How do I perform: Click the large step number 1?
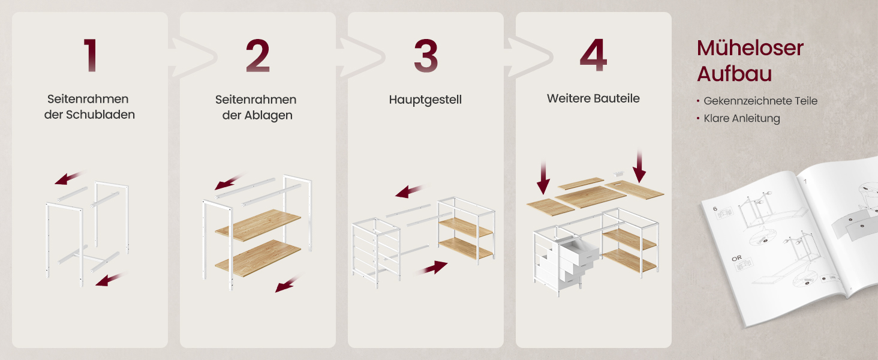[x=91, y=55]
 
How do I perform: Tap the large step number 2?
[x=257, y=55]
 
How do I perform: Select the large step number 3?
[x=426, y=55]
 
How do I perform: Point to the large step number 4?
[x=594, y=55]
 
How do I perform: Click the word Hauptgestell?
[x=425, y=100]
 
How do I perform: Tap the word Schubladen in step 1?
[x=100, y=115]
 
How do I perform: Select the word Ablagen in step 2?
[x=268, y=115]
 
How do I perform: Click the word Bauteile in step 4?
[x=617, y=98]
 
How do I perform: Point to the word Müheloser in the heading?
[x=750, y=48]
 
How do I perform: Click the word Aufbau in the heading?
[x=734, y=74]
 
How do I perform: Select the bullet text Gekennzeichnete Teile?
[x=760, y=101]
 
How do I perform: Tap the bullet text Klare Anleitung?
[x=742, y=118]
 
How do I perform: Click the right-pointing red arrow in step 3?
[x=432, y=268]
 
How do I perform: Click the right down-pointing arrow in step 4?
[x=639, y=166]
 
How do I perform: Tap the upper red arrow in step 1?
[x=70, y=178]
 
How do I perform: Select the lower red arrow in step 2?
[x=288, y=284]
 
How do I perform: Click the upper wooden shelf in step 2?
[x=258, y=225]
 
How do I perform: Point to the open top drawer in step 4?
[x=579, y=251]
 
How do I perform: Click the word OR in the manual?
[x=736, y=258]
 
